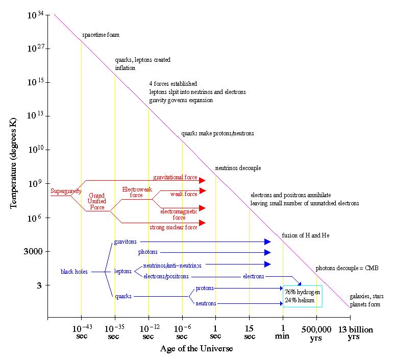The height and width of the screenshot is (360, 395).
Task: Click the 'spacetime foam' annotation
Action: [x=101, y=35]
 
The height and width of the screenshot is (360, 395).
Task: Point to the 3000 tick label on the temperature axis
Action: [x=33, y=251]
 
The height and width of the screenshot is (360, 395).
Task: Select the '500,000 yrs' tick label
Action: [x=316, y=333]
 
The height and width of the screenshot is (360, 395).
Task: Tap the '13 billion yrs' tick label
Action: [x=356, y=333]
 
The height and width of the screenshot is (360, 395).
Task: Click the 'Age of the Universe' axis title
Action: [x=196, y=348]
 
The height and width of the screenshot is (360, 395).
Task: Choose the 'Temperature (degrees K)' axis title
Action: [x=13, y=163]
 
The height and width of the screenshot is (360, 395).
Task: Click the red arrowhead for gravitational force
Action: [x=202, y=180]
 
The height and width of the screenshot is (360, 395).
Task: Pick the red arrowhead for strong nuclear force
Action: [x=202, y=223]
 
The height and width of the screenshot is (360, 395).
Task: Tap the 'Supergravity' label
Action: [x=66, y=191]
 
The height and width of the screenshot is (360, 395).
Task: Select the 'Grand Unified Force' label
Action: [x=97, y=201]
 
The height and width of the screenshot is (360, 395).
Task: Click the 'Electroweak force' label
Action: [x=137, y=192]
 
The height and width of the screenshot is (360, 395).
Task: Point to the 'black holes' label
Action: [x=74, y=272]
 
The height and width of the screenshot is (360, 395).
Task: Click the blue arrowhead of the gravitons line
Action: [x=267, y=242]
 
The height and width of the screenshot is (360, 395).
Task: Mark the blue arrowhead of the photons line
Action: [x=267, y=252]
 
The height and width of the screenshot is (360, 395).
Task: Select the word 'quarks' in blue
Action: [x=123, y=296]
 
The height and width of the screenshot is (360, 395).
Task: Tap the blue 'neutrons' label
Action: [x=206, y=303]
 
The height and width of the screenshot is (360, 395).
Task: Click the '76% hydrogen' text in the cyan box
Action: [x=302, y=292]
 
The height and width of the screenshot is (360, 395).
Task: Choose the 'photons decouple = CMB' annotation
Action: [x=347, y=268]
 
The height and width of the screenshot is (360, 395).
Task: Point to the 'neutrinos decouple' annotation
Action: [x=238, y=168]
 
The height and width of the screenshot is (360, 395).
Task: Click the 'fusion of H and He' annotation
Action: [x=306, y=235]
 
